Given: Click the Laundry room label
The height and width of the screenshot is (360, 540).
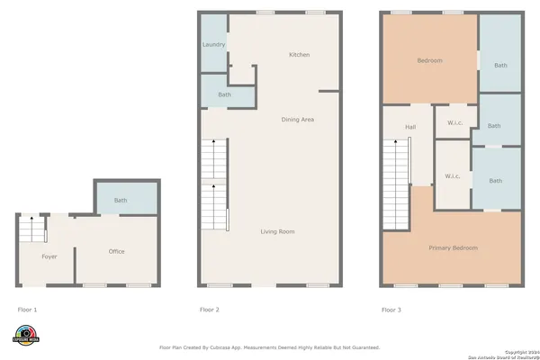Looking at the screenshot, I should [x=213, y=44].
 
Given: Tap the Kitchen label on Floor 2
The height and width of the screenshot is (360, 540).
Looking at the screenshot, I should [x=299, y=55].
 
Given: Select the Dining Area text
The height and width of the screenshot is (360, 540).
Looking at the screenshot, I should [x=298, y=120].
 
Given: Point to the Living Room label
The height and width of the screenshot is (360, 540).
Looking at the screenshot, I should [x=277, y=232].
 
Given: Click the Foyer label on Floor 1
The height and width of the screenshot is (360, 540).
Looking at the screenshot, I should [x=49, y=256].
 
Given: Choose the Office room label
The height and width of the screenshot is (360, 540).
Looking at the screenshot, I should [x=117, y=251].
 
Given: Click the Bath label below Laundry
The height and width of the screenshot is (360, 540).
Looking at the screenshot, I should [x=224, y=94].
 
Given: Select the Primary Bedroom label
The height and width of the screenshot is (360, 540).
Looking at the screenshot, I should [x=453, y=247].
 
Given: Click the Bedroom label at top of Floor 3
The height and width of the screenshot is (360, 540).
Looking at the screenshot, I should [x=429, y=60].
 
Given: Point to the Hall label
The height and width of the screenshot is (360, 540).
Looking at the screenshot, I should [x=410, y=127].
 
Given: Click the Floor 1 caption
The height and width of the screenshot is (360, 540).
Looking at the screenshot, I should [x=28, y=310].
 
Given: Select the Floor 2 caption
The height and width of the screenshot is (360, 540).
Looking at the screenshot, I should [x=210, y=310].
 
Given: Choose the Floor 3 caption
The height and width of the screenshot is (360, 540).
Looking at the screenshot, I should [x=391, y=310].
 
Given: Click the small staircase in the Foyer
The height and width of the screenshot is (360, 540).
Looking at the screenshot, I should [x=31, y=230].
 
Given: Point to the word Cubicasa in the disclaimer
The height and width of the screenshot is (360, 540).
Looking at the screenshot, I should [x=241, y=346].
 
